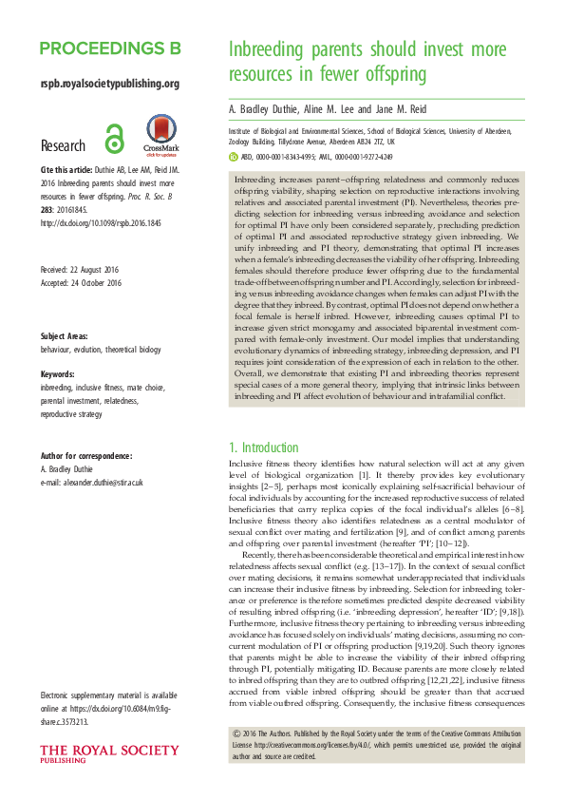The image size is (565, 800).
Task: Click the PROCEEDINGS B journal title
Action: pyautogui.click(x=110, y=49)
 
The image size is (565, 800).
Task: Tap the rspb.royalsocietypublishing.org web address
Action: pyautogui.click(x=110, y=85)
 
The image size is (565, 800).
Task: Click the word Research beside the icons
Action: pyautogui.click(x=64, y=146)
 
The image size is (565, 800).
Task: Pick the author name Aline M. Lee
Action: pyautogui.click(x=319, y=109)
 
